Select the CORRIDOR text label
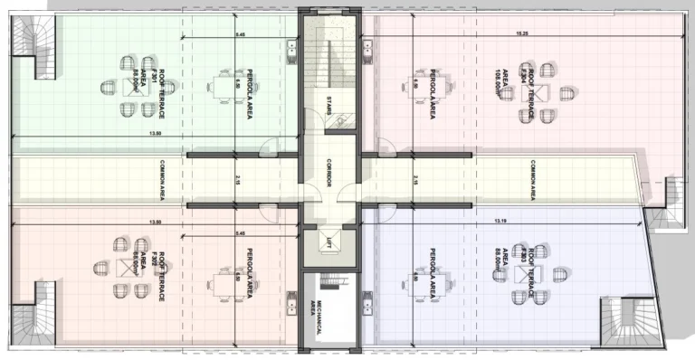click(x=330, y=174)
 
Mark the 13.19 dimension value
click(x=500, y=221)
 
